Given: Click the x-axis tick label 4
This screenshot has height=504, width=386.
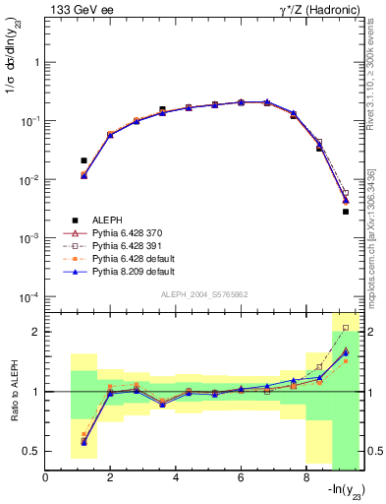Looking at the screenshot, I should (176, 478).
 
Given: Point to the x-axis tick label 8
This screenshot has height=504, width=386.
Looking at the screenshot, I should (305, 478).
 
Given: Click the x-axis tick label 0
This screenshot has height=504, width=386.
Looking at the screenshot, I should (46, 478).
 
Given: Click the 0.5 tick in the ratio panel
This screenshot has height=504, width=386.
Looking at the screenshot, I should (31, 451).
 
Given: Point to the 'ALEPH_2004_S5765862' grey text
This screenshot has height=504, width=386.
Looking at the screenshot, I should (205, 294).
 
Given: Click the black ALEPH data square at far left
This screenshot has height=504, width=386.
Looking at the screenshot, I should (83, 159).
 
